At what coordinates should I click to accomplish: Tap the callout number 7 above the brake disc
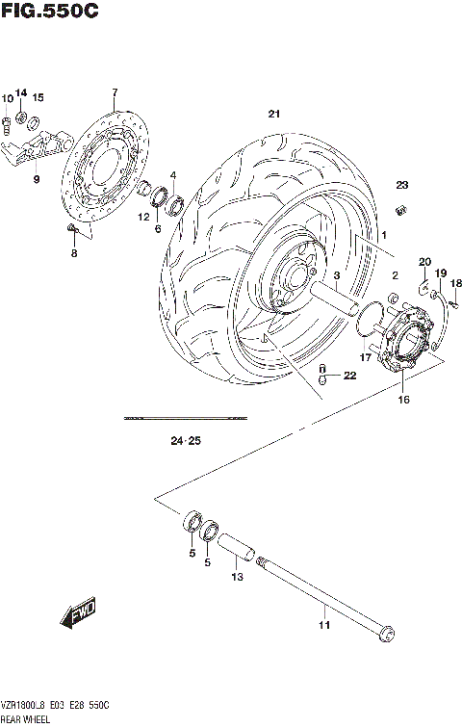click(x=114, y=92)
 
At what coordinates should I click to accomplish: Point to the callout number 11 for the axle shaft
click(x=324, y=625)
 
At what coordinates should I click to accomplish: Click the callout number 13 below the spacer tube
click(x=234, y=578)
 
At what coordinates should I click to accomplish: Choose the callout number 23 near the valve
click(x=402, y=185)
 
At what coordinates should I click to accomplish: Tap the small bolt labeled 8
click(x=71, y=228)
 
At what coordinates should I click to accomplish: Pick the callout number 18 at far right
click(x=456, y=283)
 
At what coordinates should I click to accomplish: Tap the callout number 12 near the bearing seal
click(x=143, y=218)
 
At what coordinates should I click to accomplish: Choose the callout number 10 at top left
click(x=7, y=97)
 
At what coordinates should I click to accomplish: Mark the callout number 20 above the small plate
click(x=424, y=262)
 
